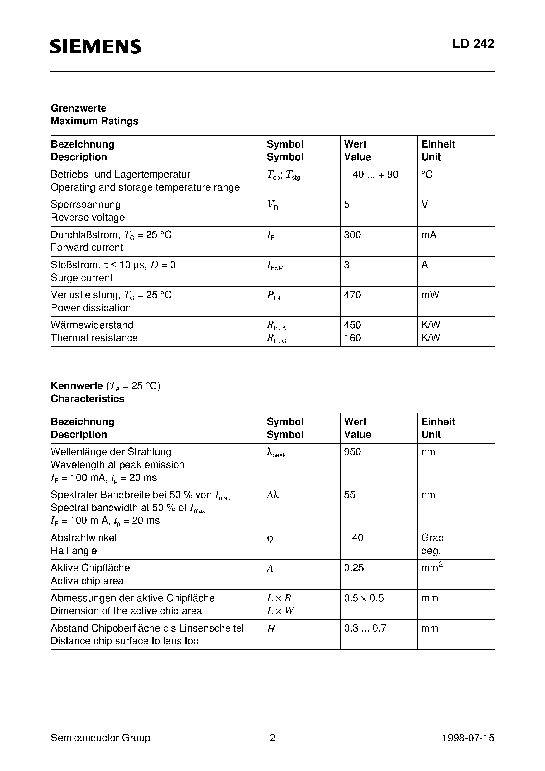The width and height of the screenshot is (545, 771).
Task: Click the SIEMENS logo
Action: [96, 46]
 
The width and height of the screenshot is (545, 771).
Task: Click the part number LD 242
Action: [473, 44]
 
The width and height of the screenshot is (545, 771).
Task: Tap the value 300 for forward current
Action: [352, 235]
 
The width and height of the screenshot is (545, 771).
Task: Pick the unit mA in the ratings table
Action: [428, 235]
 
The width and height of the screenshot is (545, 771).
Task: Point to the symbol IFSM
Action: [275, 266]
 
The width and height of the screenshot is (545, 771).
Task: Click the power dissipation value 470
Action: [352, 295]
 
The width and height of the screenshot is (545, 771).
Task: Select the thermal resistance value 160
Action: [352, 338]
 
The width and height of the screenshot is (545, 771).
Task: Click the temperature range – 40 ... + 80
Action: [371, 175]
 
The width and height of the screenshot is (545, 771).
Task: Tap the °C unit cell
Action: [427, 175]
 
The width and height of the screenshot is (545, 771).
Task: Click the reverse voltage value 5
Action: [347, 205]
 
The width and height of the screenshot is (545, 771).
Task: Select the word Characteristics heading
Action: [87, 399]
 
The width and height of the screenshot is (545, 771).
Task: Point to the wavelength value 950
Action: [352, 452]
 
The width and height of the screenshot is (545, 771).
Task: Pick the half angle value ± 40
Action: [353, 538]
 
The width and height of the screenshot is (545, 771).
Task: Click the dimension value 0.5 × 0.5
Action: [364, 598]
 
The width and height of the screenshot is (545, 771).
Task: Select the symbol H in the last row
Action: [271, 629]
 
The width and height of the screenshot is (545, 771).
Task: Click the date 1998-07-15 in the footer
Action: [468, 738]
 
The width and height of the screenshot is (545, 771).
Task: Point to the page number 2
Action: [272, 738]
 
